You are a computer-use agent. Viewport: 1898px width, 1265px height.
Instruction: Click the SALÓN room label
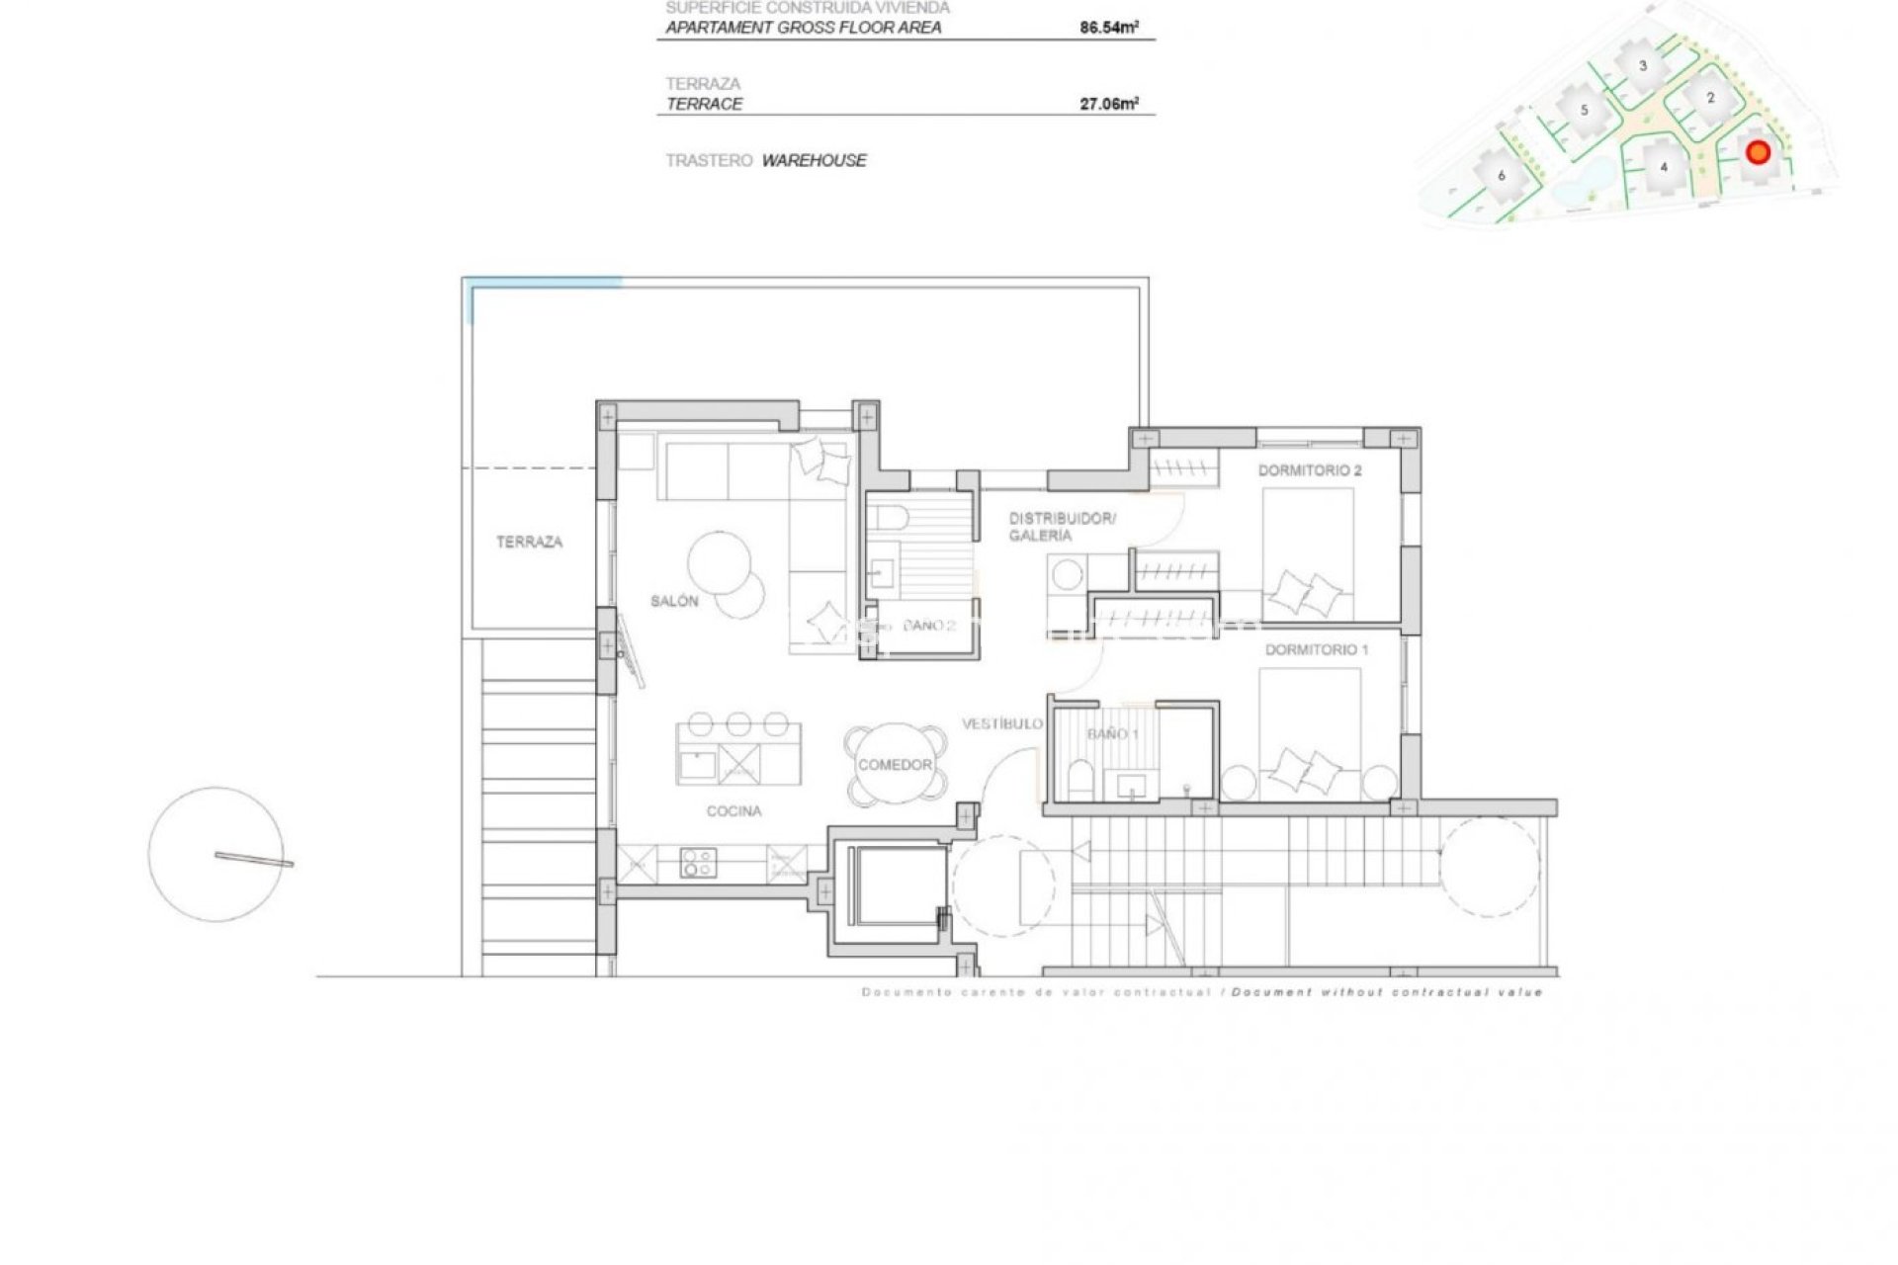coord(674,601)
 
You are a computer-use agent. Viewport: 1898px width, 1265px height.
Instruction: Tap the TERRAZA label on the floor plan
coord(529,542)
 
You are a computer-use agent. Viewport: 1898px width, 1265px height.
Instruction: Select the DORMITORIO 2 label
coord(1309,470)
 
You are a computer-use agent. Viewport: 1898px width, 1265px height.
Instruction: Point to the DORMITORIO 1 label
coord(1316,649)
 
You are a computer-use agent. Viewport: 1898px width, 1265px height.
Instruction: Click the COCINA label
coord(733,811)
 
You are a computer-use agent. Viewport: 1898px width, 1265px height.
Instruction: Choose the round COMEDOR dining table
coord(895,765)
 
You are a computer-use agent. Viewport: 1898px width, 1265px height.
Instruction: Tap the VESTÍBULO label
coord(1001,724)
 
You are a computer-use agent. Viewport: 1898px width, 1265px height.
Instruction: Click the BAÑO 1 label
coord(1112,734)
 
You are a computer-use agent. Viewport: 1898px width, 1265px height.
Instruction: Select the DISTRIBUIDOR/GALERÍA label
coord(1061,527)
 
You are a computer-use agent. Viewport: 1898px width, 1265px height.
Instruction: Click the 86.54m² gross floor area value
coord(1108,28)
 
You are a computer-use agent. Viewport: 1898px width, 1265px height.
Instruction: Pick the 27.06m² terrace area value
coord(1108,104)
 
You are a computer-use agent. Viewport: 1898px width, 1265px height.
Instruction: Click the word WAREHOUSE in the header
coord(814,160)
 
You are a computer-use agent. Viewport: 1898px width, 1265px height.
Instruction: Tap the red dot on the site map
coord(1757,152)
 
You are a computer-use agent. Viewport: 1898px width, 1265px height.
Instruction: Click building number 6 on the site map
coord(1502,176)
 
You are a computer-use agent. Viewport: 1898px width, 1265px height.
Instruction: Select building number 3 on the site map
coord(1643,66)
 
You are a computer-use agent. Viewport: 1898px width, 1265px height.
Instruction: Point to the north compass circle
coord(216,855)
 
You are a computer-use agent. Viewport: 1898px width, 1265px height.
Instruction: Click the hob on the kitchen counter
coord(698,864)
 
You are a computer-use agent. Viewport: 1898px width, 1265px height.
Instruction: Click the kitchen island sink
coord(698,764)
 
